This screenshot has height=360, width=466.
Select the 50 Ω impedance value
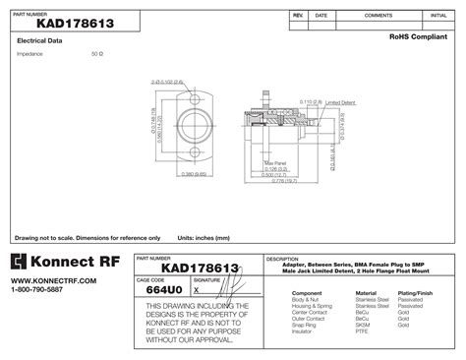(96, 54)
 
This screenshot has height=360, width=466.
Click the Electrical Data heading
(40, 40)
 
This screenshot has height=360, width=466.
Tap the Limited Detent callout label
(340, 101)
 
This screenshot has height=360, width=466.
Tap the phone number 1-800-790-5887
(36, 290)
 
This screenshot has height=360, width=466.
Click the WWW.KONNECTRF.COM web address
(40, 281)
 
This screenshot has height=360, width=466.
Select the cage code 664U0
(162, 291)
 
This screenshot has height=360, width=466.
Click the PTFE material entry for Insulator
(362, 331)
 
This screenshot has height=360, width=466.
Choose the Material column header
(365, 293)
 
